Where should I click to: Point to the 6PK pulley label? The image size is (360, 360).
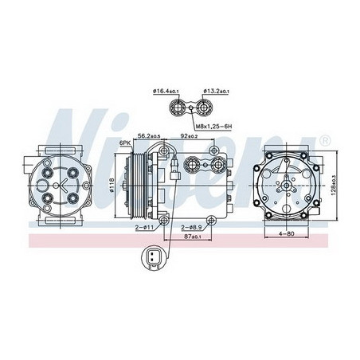124,143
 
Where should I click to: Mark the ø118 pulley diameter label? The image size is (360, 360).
111,187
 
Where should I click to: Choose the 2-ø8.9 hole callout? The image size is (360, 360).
190,228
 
